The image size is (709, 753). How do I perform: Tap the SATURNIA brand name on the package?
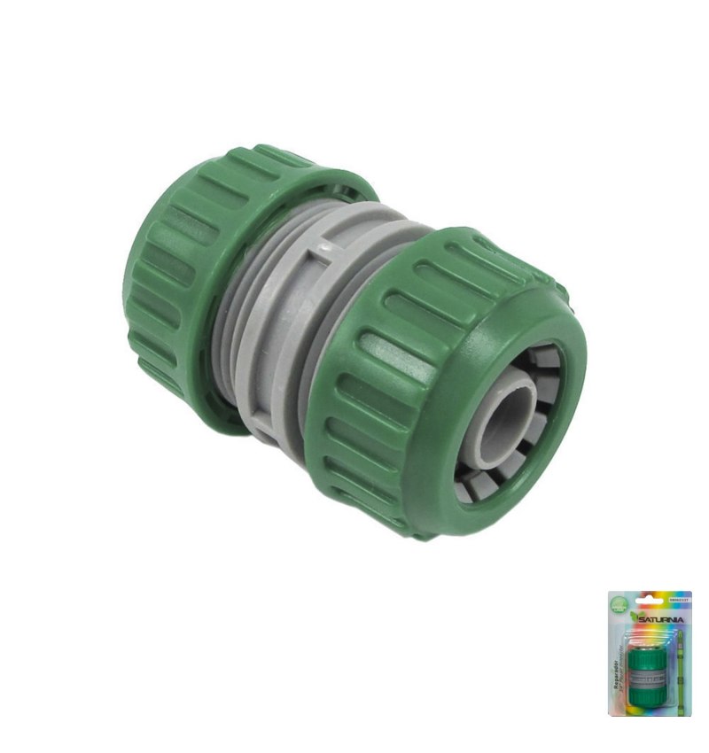tap(661, 619)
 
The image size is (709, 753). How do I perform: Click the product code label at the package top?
tap(679, 600)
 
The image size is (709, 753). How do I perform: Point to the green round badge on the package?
tap(619, 604)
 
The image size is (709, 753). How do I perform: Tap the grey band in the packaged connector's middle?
tap(648, 679)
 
